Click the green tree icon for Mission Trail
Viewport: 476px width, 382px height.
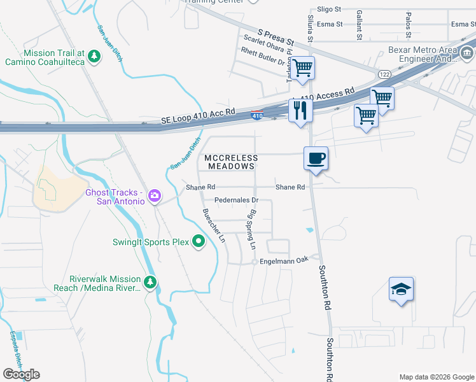tap(94, 56)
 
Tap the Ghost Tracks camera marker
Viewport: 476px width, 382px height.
tap(154, 196)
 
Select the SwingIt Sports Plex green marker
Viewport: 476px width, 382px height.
tap(199, 241)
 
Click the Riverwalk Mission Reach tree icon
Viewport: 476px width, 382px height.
tap(150, 282)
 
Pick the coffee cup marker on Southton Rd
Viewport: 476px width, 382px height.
tap(316, 158)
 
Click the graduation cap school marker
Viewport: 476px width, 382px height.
tap(401, 290)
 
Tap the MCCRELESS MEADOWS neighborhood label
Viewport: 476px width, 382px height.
tap(231, 162)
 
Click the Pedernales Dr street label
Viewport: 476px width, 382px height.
tap(235, 199)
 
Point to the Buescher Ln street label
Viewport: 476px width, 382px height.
tap(213, 226)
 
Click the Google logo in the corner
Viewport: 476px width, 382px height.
tap(21, 374)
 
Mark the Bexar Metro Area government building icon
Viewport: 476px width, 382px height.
tap(466, 52)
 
